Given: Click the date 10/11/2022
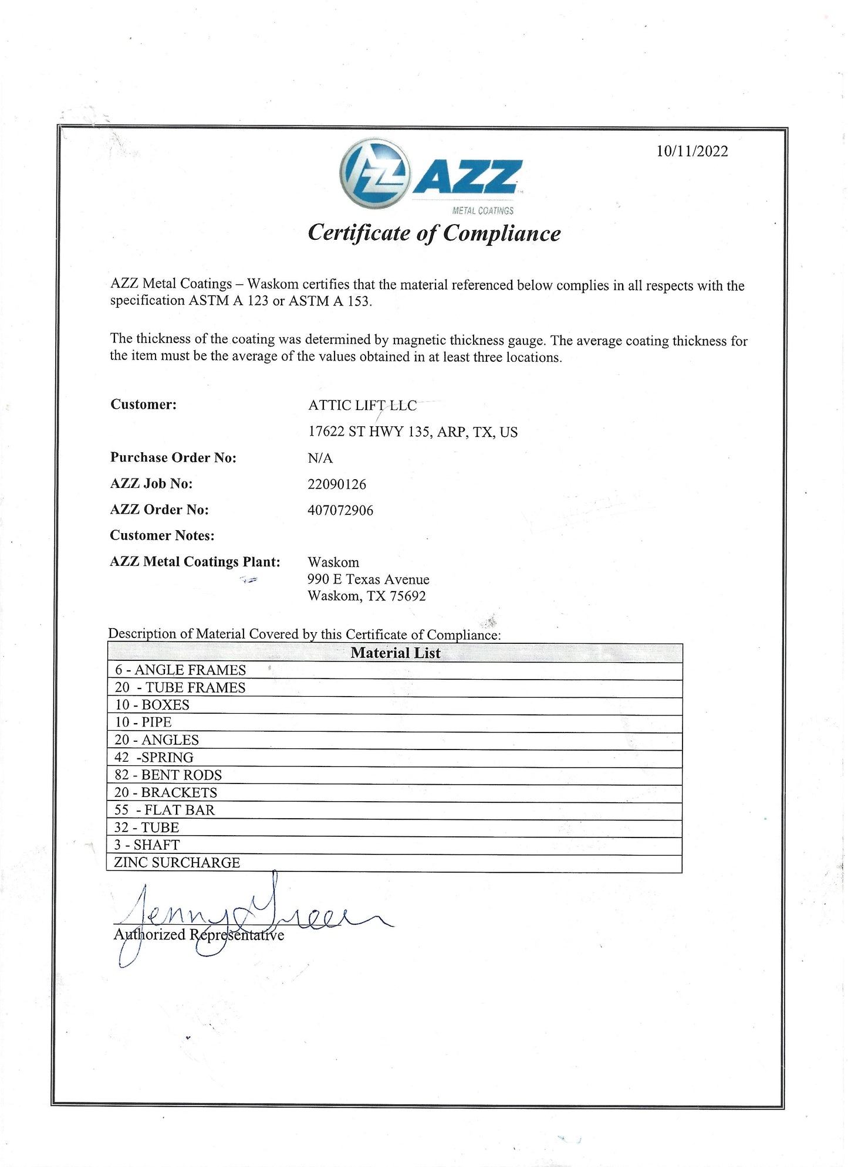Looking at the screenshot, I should [x=692, y=151].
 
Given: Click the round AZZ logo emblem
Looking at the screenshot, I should [x=374, y=174].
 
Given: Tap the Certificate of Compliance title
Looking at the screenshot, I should [x=434, y=233].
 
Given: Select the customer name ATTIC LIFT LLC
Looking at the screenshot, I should [x=362, y=405].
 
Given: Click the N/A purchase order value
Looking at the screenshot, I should [x=320, y=458].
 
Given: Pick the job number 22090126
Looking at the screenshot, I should [x=337, y=484].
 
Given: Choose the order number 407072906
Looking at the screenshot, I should [x=340, y=510].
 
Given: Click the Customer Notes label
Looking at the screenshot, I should [x=162, y=535].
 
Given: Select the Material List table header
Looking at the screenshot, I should [x=395, y=653].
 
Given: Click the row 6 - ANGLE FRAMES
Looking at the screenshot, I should [x=180, y=670].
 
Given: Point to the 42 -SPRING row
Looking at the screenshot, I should [x=154, y=758].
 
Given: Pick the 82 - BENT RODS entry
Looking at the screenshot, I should [x=168, y=775].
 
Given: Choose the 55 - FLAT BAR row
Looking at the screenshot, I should [x=164, y=810].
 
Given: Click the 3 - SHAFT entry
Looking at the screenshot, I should [x=147, y=845].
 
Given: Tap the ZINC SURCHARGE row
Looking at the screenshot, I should [x=177, y=863].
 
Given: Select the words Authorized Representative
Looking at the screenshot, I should [x=199, y=935].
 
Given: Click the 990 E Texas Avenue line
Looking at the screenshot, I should [x=368, y=579].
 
